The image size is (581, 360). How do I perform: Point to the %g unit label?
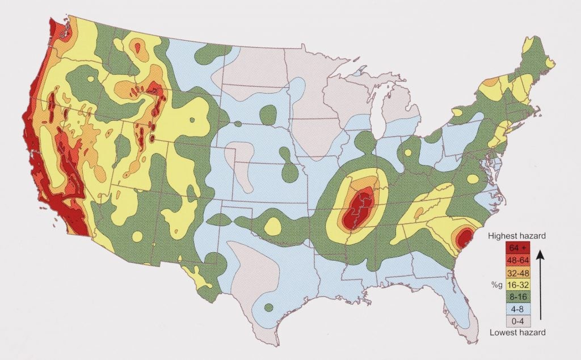[x=497, y=283]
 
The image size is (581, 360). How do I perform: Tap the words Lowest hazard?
[x=517, y=332]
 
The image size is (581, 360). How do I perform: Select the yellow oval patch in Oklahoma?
[x=272, y=227]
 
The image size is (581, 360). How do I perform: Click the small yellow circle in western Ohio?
[x=407, y=153]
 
